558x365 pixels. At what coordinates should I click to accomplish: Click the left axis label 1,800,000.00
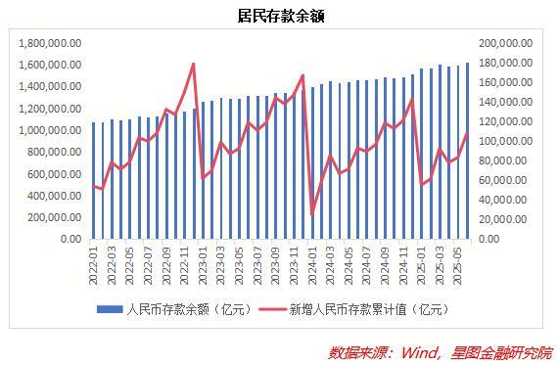click(49, 43)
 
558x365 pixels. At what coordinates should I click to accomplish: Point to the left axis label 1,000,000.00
click(49, 130)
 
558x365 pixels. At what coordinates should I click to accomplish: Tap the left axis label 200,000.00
click(55, 217)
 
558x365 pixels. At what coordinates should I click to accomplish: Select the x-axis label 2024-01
click(312, 262)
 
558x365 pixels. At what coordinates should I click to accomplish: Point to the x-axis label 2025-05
click(457, 262)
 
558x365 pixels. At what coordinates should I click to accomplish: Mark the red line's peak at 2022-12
click(194, 64)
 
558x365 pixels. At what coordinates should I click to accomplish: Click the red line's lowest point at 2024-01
click(312, 214)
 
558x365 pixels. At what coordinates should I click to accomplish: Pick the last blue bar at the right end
click(467, 151)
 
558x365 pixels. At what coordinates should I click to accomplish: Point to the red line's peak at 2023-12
click(303, 74)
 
